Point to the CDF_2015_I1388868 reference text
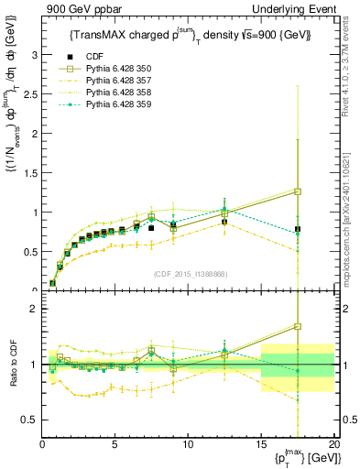(189, 273)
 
